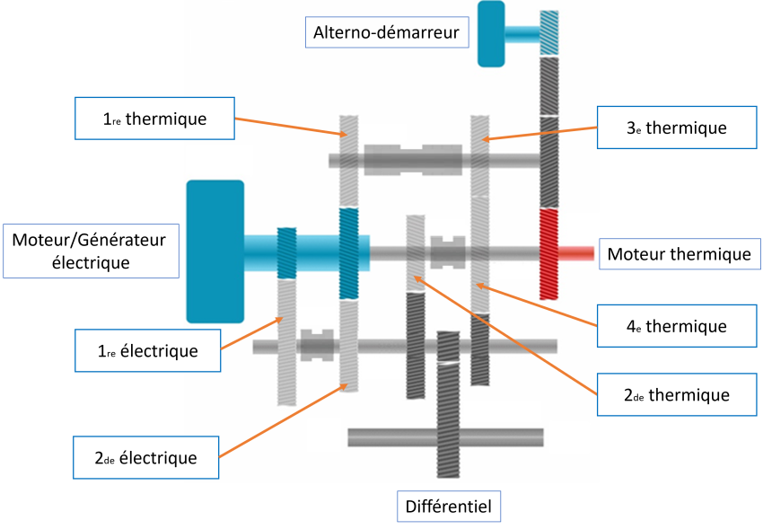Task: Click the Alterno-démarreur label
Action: (386, 34)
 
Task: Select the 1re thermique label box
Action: (154, 119)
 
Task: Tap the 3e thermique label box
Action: (676, 128)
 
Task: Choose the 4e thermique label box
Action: (676, 326)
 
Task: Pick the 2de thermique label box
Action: (676, 394)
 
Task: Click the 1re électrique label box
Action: (148, 351)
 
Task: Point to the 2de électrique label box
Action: (146, 458)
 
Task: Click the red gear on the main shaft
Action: (548, 254)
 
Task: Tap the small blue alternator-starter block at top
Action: (491, 34)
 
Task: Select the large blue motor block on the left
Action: (215, 251)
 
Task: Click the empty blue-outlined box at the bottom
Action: (449, 506)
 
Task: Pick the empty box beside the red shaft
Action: (680, 254)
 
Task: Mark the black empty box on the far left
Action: (91, 251)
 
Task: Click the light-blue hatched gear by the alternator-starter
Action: (549, 34)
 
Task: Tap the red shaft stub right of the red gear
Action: (577, 254)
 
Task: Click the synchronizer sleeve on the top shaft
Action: (413, 160)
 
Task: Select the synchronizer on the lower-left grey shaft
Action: (316, 346)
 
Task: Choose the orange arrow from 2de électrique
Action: (283, 422)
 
